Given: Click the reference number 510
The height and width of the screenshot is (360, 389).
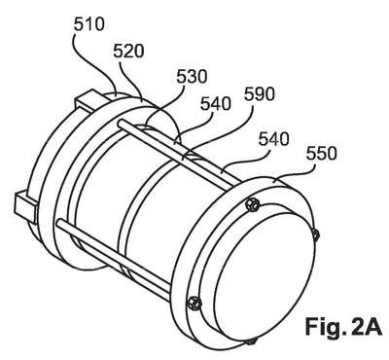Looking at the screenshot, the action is click(88, 24).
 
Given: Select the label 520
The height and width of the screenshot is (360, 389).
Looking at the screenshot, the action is click(128, 52).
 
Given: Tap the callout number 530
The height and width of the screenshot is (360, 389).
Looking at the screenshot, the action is click(192, 77).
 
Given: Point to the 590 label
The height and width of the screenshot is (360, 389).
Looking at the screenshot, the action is click(260, 94).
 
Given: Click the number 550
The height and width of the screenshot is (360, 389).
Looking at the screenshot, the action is click(322, 154).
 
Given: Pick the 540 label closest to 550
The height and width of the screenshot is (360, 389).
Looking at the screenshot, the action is click(273, 139).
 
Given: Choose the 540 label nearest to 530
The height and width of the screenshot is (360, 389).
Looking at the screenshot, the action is click(216, 104).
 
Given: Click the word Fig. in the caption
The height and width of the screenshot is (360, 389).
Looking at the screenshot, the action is click(322, 327).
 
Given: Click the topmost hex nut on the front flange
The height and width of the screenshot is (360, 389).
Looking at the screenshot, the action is click(252, 204).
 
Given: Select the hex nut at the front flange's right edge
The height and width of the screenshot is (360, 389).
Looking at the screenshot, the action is click(315, 234).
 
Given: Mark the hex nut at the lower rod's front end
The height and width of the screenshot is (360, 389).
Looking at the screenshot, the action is click(194, 304).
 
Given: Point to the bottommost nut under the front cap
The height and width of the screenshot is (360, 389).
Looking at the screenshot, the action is click(252, 341).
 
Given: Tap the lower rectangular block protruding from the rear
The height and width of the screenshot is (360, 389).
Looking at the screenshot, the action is click(26, 205).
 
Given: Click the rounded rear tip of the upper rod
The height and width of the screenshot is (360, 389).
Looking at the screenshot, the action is click(121, 124).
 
